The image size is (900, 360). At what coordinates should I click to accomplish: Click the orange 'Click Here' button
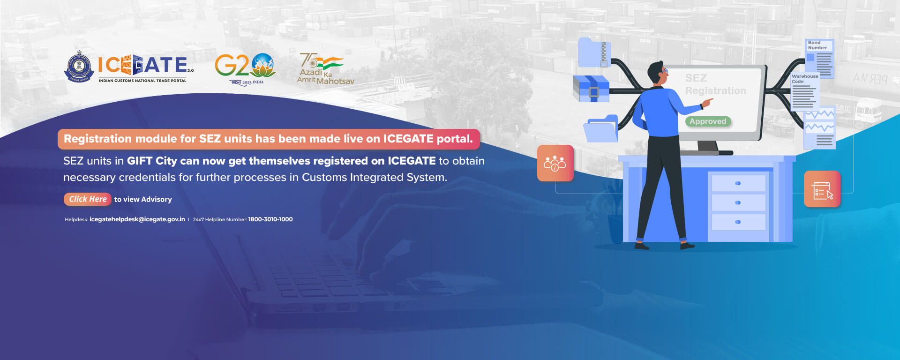point(88,199)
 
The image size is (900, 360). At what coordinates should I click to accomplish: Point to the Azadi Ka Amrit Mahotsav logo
point(325,69)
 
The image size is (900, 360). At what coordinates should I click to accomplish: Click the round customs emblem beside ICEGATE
point(79,67)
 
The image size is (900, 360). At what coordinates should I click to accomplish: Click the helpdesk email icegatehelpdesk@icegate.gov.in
point(137,219)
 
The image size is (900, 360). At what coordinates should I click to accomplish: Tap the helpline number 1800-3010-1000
point(270,219)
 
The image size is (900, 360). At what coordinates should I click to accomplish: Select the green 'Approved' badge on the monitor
point(708,121)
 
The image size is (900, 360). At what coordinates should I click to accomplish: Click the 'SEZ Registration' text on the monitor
point(715,84)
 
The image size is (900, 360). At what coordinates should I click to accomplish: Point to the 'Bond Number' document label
point(817,45)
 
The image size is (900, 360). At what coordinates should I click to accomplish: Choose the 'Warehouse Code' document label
point(805,79)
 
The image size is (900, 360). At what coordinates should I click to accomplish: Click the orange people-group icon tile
point(555,163)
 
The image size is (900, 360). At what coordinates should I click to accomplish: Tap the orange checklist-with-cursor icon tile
point(822,189)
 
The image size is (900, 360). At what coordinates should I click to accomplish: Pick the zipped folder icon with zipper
point(594,52)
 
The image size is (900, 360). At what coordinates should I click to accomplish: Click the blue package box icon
point(591,89)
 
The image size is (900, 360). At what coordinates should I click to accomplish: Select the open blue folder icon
point(601,128)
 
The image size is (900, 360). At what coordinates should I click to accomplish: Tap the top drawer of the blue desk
point(738,183)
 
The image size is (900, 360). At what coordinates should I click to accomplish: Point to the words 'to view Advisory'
point(143,199)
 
